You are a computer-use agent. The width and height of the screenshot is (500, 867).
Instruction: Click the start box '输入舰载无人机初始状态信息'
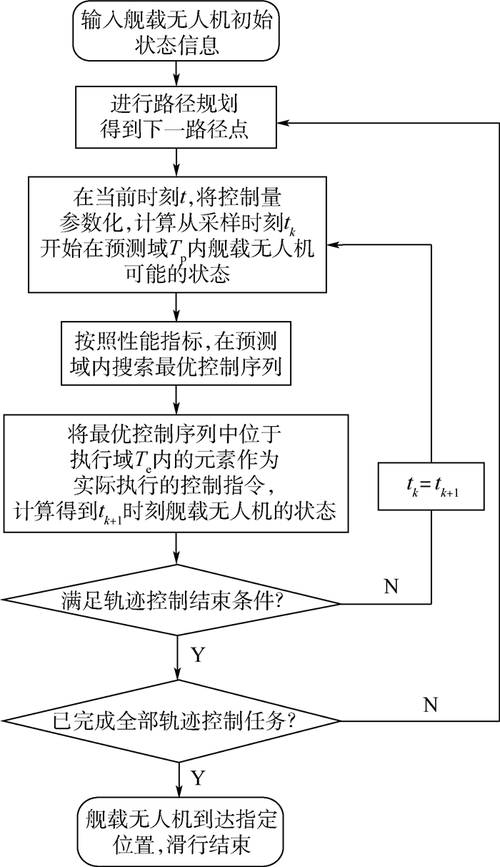coord(174,31)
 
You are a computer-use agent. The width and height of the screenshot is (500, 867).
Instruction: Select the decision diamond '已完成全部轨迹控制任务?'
coord(174,721)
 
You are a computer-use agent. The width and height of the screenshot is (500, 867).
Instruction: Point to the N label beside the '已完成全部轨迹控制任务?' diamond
coord(429,705)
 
